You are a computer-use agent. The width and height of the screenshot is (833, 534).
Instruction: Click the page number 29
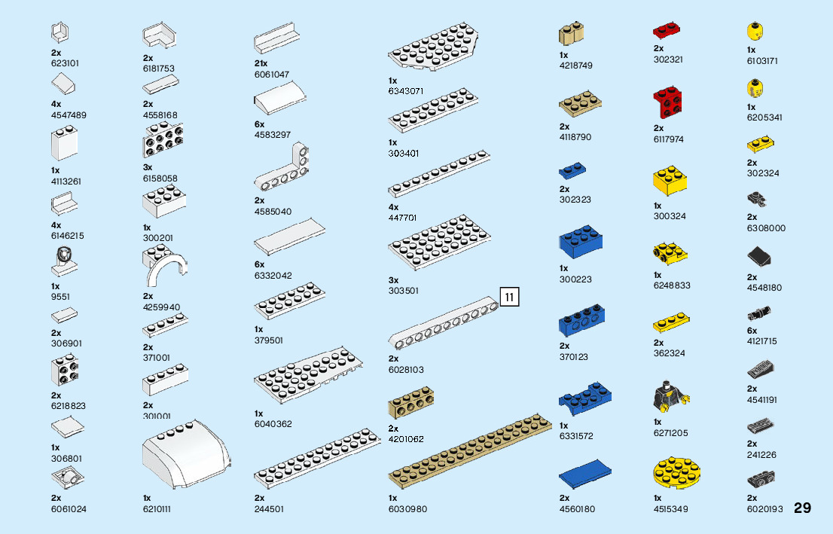click(x=802, y=508)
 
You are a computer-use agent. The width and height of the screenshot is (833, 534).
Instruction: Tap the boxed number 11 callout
click(x=509, y=298)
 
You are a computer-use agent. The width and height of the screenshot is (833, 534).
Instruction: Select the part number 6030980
click(x=407, y=509)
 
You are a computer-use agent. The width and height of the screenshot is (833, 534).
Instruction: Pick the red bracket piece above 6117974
click(x=668, y=103)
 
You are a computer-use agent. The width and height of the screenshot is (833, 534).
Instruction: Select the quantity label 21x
click(x=261, y=63)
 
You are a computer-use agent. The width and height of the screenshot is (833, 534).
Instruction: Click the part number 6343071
click(x=406, y=91)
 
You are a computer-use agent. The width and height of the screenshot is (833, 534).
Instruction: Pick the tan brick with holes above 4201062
click(x=410, y=405)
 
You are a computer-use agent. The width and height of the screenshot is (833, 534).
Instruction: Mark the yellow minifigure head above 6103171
click(x=752, y=32)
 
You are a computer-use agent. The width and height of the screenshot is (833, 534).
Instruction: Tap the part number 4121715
click(x=761, y=341)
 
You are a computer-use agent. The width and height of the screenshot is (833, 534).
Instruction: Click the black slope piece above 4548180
click(x=761, y=258)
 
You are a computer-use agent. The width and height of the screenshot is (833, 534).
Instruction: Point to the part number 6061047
click(x=273, y=74)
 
